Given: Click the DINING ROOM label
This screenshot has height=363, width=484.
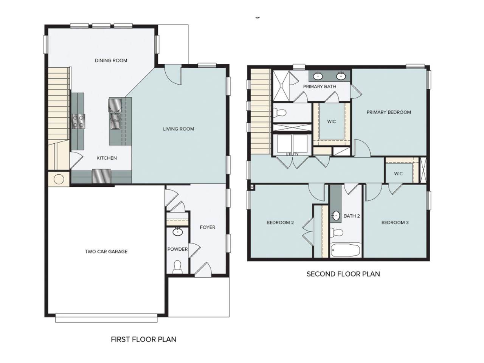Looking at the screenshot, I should click(111, 60).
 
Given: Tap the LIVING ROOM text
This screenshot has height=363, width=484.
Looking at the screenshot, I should click(178, 129).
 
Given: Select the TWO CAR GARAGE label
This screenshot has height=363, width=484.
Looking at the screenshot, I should click(106, 251).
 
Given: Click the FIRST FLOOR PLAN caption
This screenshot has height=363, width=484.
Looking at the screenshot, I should click(143, 339).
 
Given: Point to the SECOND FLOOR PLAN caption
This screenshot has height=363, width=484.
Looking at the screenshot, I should click(343, 274).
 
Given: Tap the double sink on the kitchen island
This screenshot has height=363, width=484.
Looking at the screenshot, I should click(115, 120).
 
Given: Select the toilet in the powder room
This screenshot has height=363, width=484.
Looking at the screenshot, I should click(177, 267).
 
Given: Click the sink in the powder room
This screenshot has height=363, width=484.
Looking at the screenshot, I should click(177, 231).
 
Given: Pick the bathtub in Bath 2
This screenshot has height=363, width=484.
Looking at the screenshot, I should click(346, 250).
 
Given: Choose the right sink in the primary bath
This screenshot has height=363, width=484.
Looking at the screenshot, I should click(341, 76).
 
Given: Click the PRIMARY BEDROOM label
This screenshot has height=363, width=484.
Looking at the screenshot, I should click(388, 112).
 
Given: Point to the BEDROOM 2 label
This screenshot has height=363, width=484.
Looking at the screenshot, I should click(280, 223).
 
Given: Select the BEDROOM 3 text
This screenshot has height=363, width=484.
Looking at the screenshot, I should click(395, 223).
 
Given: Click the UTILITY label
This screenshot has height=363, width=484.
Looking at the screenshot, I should click(292, 154).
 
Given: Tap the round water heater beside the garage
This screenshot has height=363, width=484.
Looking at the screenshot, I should click(59, 179).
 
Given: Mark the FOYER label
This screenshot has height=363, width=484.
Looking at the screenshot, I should click(208, 227).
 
